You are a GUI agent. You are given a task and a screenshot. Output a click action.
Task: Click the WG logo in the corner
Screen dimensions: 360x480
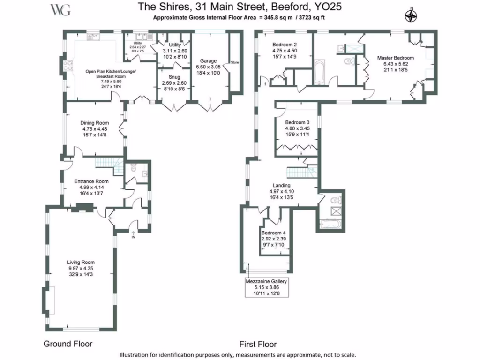[60, 10]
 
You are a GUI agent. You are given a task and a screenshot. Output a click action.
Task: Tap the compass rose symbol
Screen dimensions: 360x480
[411, 16]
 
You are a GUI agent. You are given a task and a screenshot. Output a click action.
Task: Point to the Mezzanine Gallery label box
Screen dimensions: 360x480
[267, 287]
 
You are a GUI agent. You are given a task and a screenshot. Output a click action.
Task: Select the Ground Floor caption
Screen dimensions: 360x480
[68, 344]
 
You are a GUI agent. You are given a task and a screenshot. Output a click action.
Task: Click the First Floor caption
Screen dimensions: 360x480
[258, 344]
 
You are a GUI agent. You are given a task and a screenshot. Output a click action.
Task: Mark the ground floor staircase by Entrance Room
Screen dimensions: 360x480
[109, 163]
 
